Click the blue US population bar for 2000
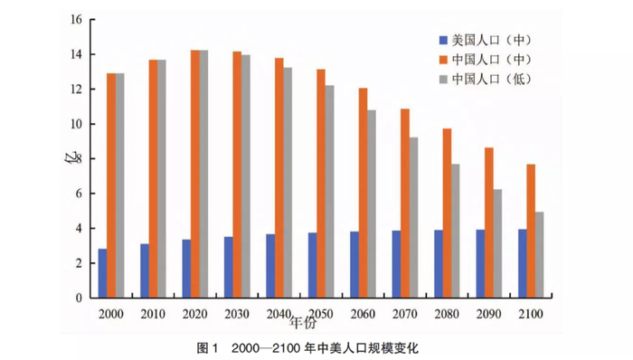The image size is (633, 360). [x=102, y=273]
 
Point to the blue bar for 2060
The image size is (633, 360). [x=354, y=264]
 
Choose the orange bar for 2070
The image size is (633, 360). [x=405, y=203]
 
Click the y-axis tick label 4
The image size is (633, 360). [x=80, y=229]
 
